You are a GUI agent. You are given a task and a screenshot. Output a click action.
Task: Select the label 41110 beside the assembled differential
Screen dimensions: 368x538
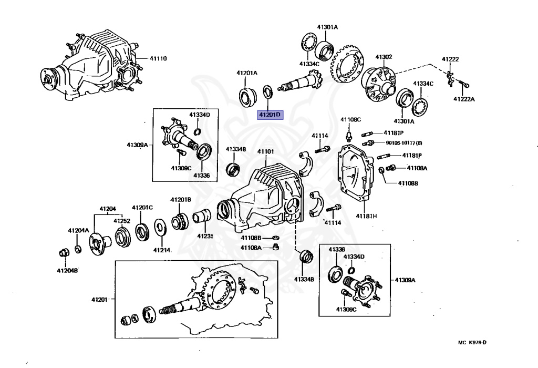click(x=158, y=58)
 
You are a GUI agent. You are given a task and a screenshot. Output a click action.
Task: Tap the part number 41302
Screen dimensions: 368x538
click(x=384, y=57)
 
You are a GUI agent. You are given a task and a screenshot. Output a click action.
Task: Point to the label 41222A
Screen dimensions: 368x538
click(x=464, y=99)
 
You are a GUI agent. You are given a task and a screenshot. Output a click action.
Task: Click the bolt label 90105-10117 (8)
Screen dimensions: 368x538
click(x=404, y=142)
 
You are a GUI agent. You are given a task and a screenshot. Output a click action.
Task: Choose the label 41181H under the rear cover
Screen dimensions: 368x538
click(x=367, y=216)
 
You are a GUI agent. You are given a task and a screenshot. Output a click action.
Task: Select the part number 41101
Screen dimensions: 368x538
click(x=265, y=152)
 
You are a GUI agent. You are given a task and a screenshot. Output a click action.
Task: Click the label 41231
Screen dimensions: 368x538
click(x=205, y=236)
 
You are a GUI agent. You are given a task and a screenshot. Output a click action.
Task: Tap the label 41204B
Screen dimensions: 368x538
click(x=67, y=270)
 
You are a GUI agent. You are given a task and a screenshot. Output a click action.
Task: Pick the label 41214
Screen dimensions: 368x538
click(x=162, y=250)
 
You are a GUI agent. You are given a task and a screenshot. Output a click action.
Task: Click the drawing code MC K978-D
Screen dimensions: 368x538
click(x=472, y=343)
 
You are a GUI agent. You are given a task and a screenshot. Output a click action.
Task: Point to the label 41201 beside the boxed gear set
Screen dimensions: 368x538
click(x=99, y=300)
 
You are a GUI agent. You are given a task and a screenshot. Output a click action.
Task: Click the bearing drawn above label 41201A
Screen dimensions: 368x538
click(x=246, y=97)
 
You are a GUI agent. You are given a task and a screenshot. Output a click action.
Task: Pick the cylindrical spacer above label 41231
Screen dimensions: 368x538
click(x=203, y=217)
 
